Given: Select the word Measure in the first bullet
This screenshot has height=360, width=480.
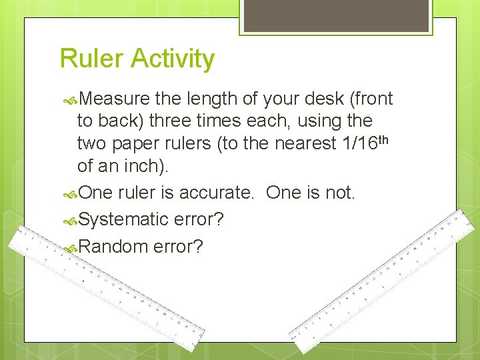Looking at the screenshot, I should click(x=115, y=99).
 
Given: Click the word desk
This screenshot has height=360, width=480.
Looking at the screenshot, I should click(x=321, y=99).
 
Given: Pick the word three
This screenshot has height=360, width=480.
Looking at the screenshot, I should click(x=171, y=121).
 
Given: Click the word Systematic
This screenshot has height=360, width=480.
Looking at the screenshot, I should click(x=123, y=219).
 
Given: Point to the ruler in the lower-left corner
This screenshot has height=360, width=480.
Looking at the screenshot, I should click(x=107, y=287).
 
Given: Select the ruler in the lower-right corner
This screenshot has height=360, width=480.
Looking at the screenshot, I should click(x=387, y=280).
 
